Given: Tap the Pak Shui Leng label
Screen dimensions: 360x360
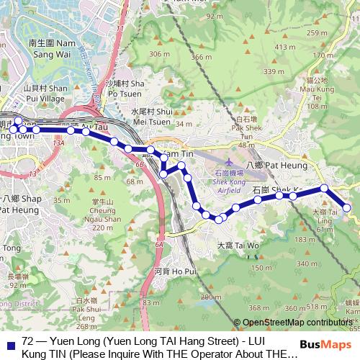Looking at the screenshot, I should click(86, 307).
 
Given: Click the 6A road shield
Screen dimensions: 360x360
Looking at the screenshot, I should click(158, 245).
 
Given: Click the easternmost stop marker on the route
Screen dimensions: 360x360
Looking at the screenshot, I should click(347, 208).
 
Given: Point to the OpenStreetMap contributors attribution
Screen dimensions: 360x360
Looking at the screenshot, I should click(300, 323).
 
